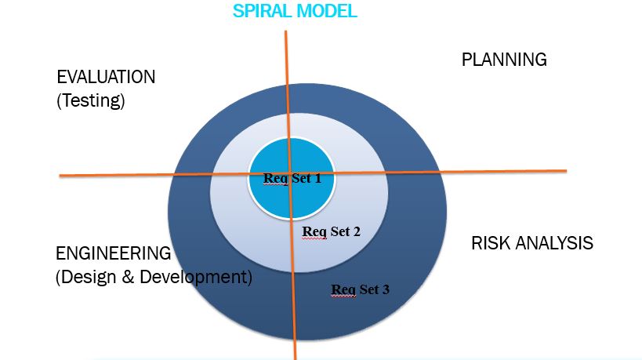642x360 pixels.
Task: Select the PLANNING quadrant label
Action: tap(503, 60)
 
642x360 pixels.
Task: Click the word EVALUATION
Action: tap(106, 78)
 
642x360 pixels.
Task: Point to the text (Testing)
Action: tap(91, 101)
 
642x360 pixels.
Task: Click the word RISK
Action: tap(491, 243)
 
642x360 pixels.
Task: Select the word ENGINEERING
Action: tap(113, 254)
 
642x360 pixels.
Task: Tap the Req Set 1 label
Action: tap(292, 178)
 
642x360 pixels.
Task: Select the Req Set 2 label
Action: tap(331, 231)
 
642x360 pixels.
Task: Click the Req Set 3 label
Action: tap(360, 289)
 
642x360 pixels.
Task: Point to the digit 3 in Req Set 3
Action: tap(386, 289)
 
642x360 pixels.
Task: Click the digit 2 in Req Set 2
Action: tap(357, 231)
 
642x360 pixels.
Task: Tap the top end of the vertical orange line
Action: tap(286, 31)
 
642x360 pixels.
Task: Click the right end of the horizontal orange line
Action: tap(565, 170)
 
